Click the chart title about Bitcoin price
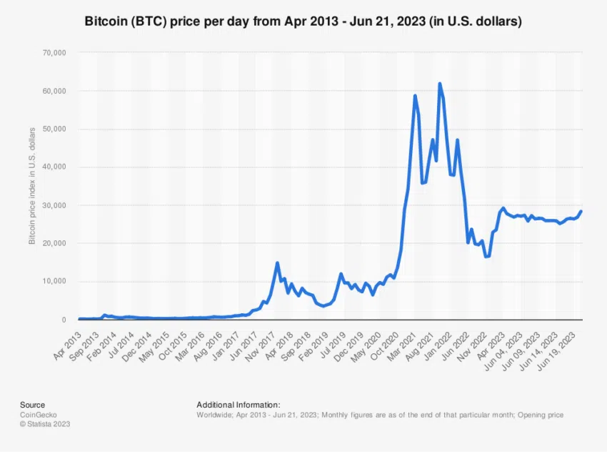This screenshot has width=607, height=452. click(303, 22)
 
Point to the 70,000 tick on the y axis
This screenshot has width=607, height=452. click(54, 53)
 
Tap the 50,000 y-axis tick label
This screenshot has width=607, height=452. click(54, 129)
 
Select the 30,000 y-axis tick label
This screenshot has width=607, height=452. click(54, 205)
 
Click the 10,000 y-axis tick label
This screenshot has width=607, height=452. click(54, 281)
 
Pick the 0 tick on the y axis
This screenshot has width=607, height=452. click(64, 320)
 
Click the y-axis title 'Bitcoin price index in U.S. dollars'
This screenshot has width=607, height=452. click(32, 187)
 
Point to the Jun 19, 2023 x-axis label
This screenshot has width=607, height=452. click(563, 344)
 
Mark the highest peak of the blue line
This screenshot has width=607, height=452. click(439, 84)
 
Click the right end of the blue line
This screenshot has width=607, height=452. click(581, 211)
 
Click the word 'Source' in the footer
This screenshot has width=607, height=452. click(32, 405)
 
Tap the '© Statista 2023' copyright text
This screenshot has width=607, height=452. click(45, 423)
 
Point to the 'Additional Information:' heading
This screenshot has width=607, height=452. click(238, 405)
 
